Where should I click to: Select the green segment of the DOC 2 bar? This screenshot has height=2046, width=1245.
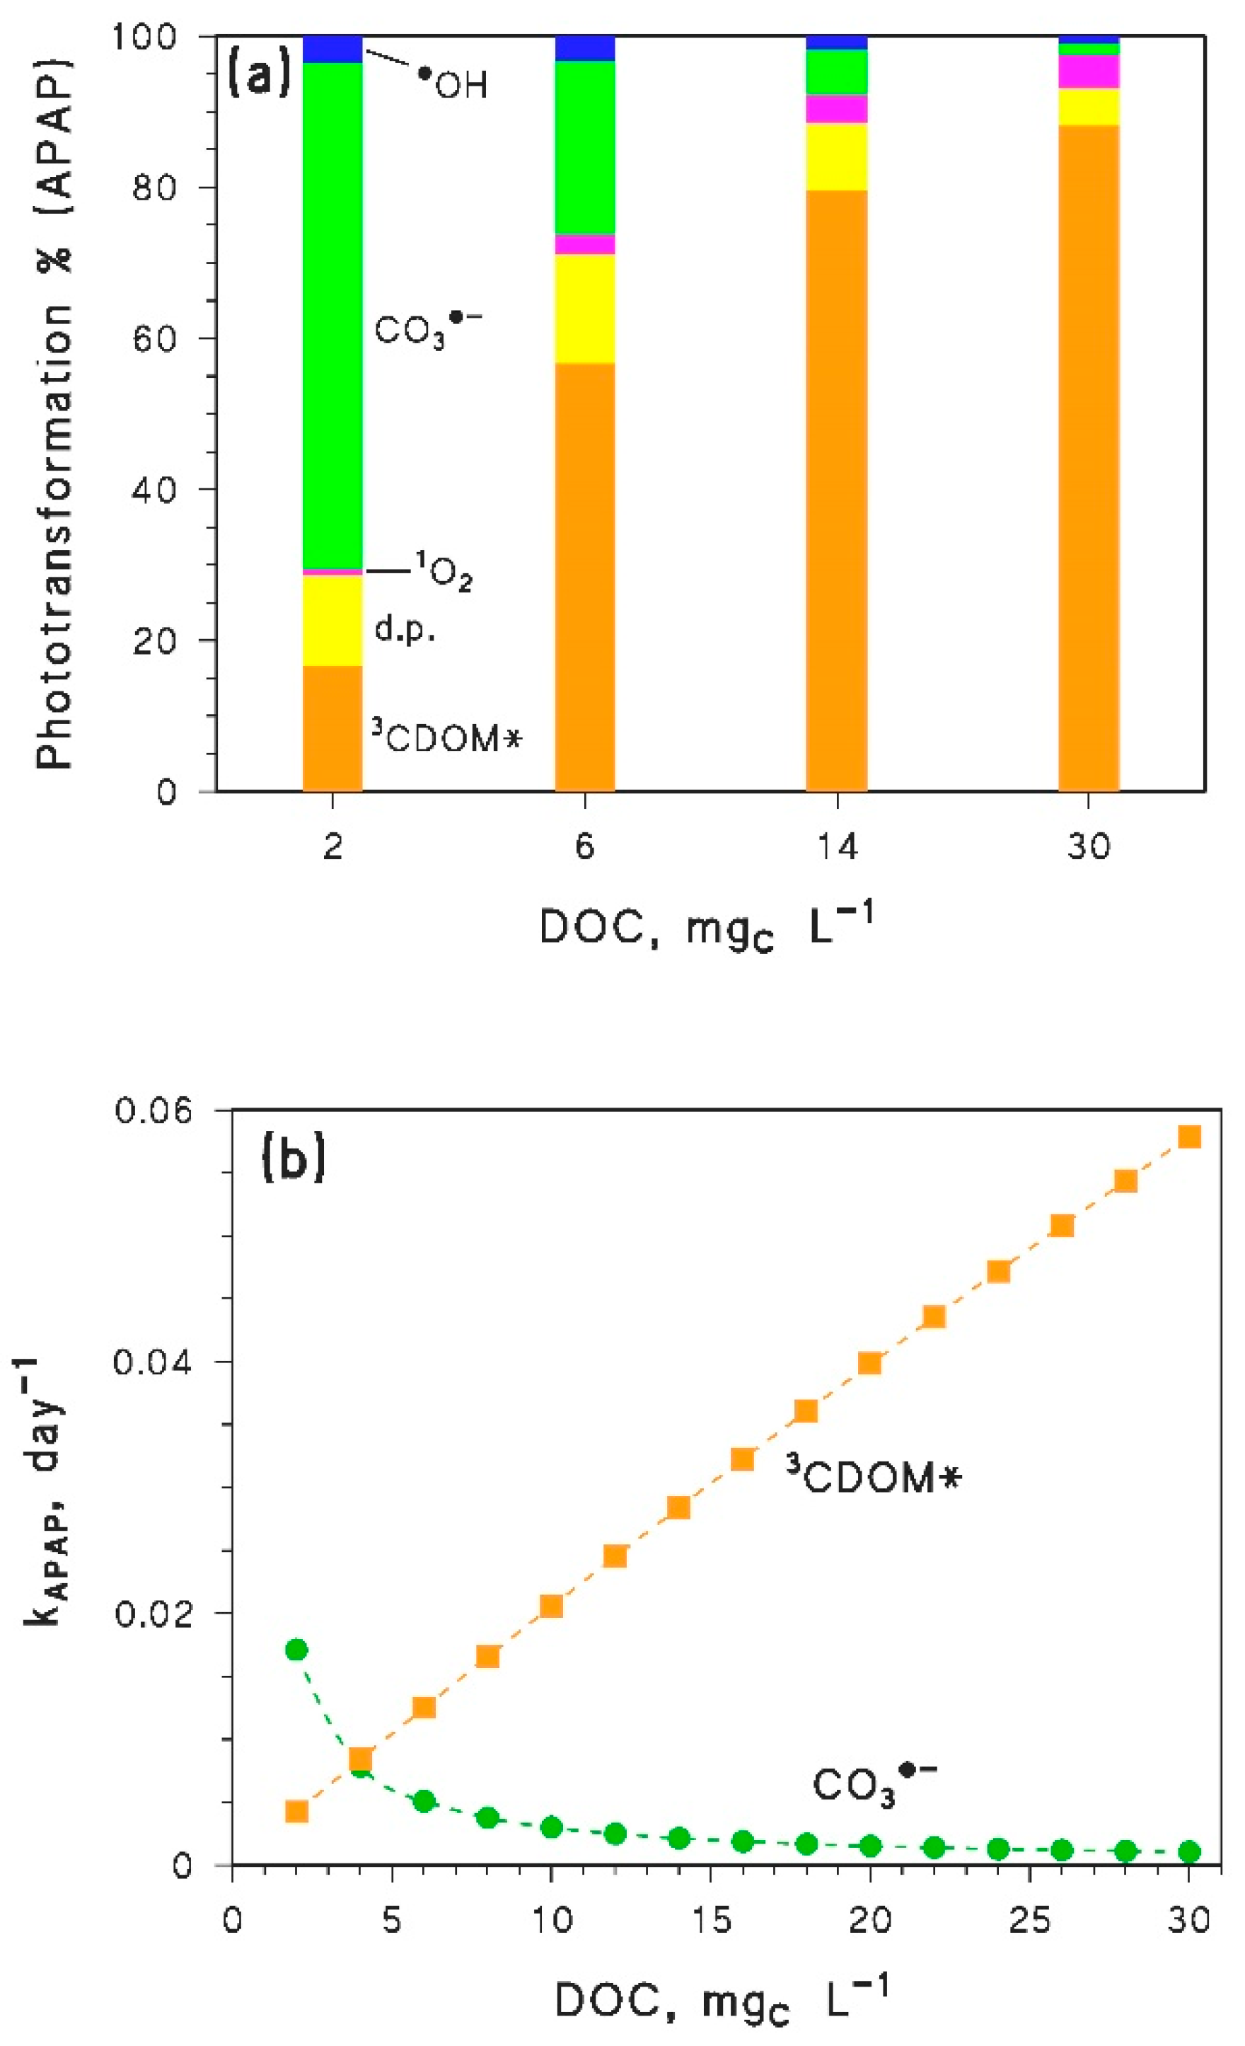click(332, 316)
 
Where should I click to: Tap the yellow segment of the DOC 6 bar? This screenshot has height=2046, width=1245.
click(584, 309)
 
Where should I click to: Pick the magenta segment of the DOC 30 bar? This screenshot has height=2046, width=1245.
click(1088, 71)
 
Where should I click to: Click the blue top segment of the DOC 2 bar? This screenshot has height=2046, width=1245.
click(332, 49)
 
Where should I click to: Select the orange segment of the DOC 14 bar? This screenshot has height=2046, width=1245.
click(837, 490)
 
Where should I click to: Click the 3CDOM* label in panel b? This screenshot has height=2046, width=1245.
click(873, 1478)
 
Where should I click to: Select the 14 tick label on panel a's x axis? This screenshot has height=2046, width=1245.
click(837, 849)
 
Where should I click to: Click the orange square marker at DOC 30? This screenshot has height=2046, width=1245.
click(1189, 1137)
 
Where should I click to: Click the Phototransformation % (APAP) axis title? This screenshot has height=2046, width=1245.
click(54, 412)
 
